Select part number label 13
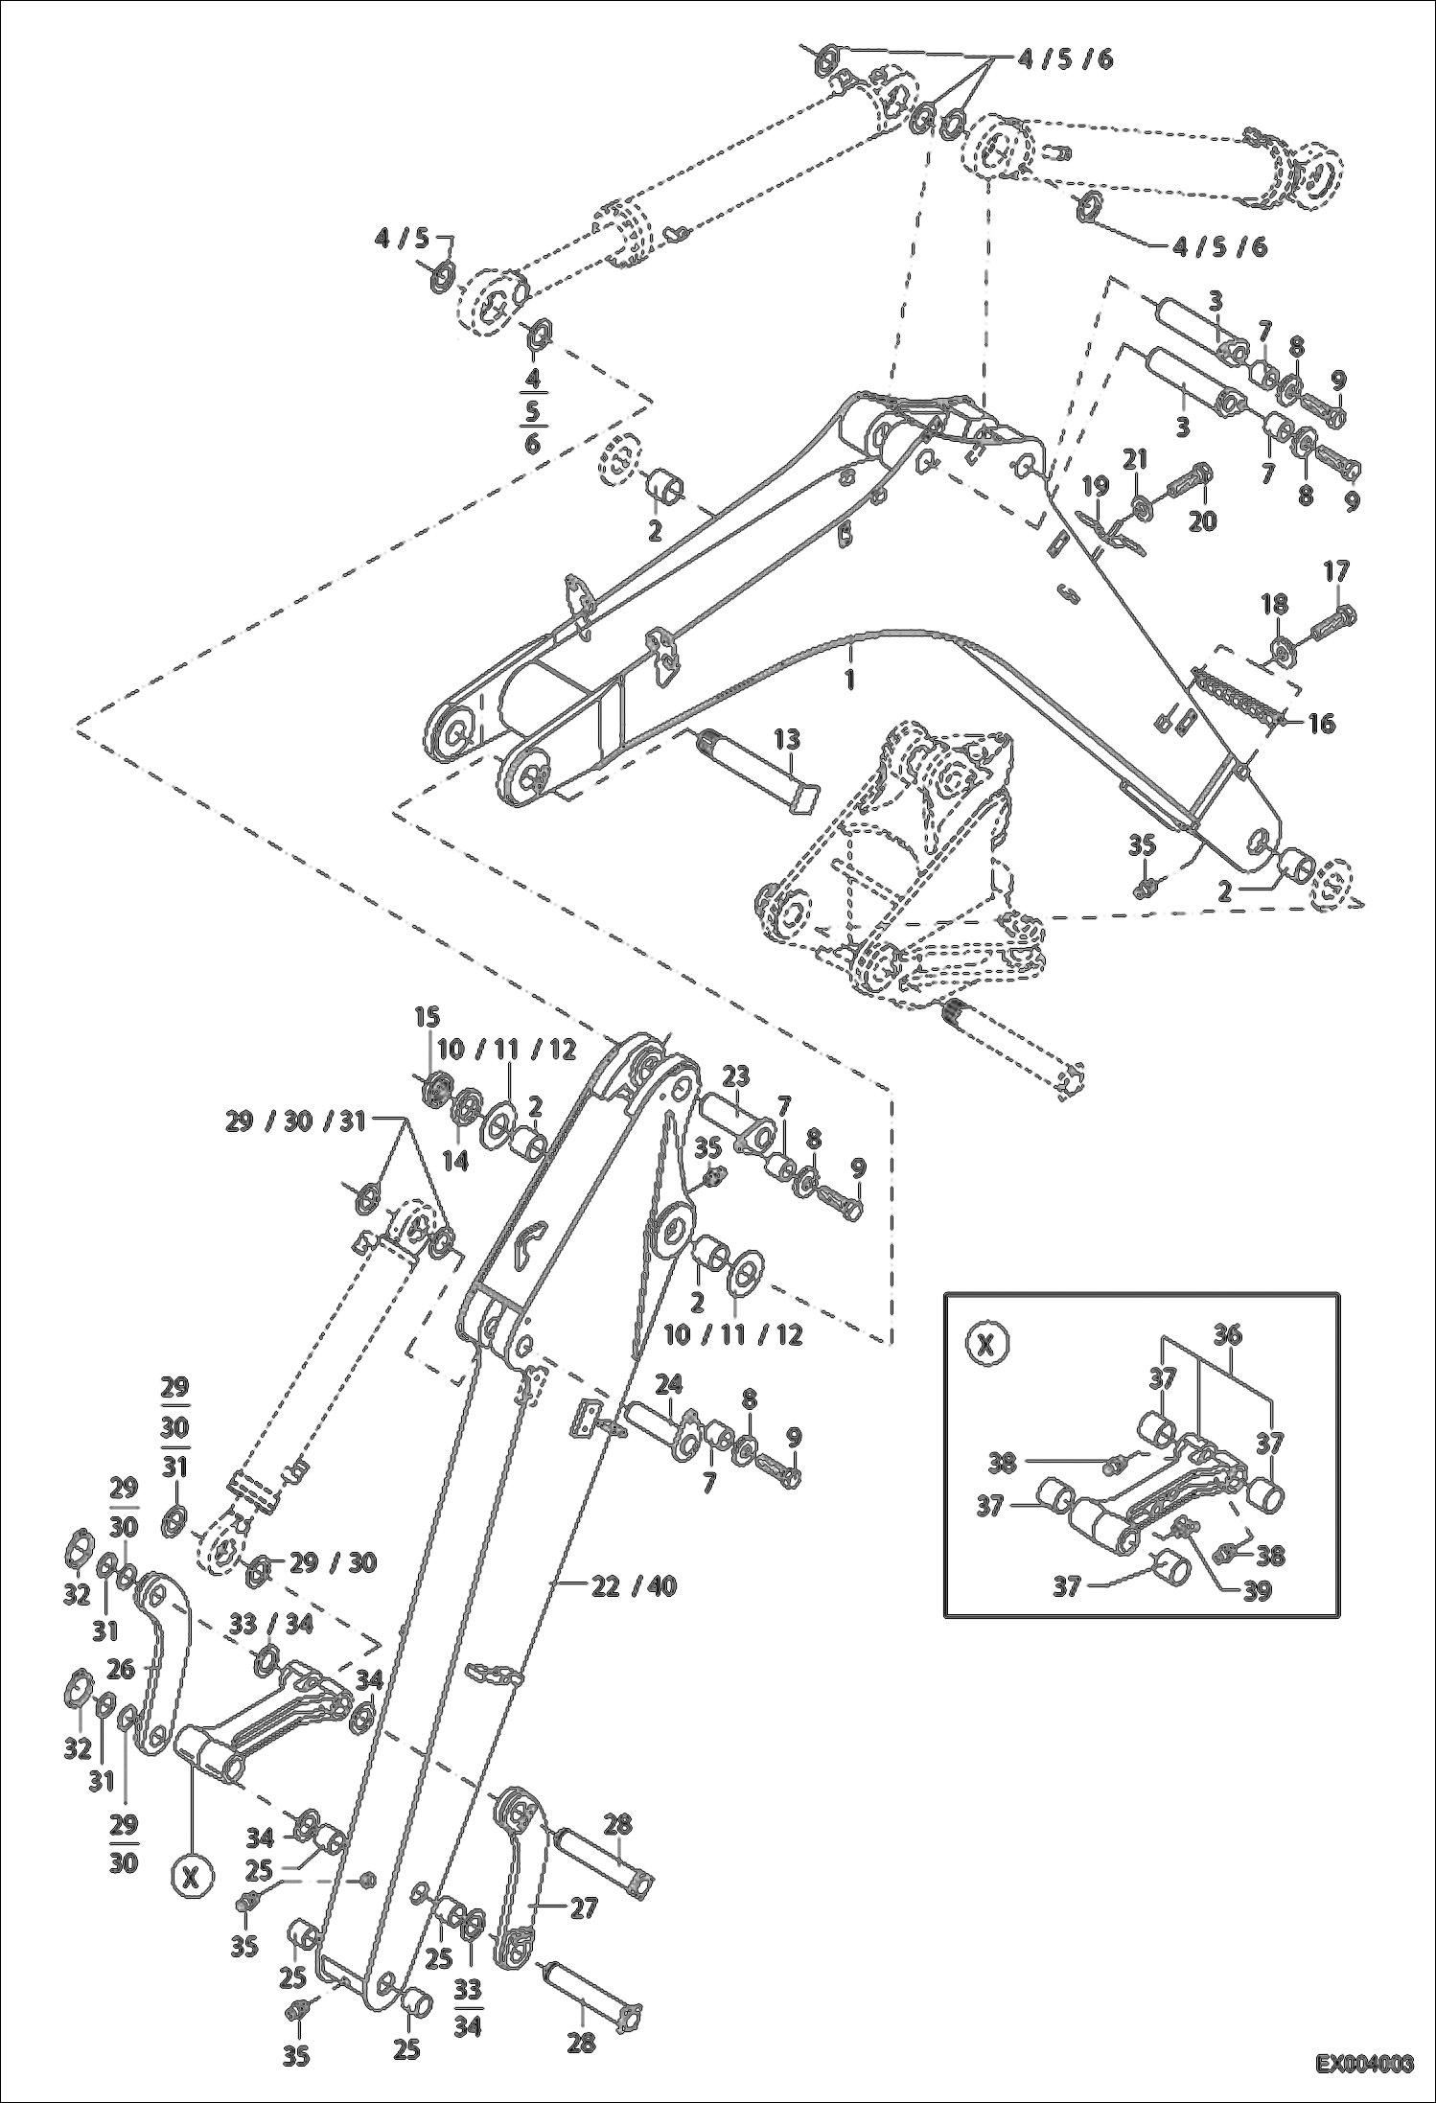pos(787,740)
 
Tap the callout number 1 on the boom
pos(848,679)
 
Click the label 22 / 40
pos(633,1586)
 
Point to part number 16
pos(1321,724)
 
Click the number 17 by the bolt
pos(1336,571)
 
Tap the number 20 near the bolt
pos(1201,520)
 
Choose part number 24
pos(669,1384)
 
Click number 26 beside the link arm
pos(121,1670)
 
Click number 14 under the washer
pos(454,1161)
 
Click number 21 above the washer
pos(1135,460)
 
